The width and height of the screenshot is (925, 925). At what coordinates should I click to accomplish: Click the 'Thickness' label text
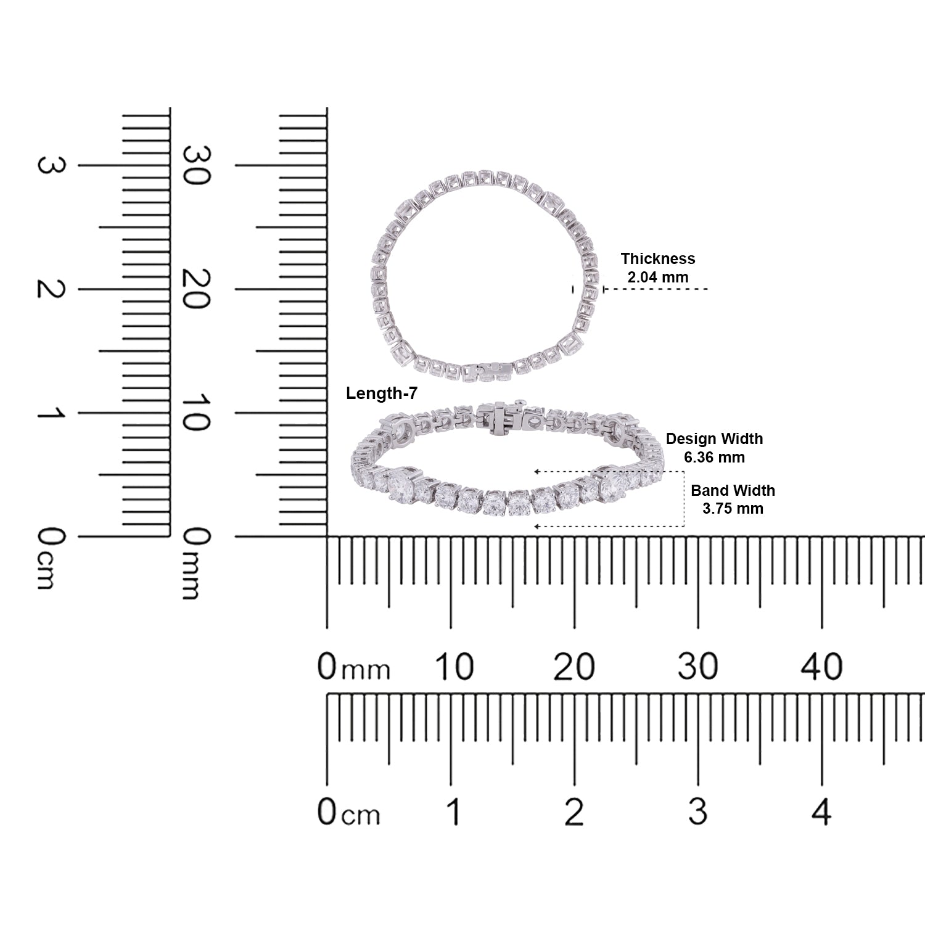pos(657,258)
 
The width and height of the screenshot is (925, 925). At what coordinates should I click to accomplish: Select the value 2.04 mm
pos(657,277)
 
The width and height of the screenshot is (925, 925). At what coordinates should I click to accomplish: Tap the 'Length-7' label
pos(381,393)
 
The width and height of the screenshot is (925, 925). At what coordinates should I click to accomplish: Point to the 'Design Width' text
pos(714,438)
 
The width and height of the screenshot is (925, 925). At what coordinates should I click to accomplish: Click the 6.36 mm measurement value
pos(714,457)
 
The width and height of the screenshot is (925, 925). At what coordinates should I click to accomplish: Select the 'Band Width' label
pos(733,490)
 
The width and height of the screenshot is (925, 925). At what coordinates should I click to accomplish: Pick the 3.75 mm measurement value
pos(733,508)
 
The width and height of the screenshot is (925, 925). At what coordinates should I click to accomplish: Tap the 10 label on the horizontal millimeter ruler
pos(454,667)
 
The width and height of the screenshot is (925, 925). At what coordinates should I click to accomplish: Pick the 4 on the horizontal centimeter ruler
pos(821,812)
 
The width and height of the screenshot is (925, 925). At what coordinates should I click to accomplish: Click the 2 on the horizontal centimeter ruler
pos(574,812)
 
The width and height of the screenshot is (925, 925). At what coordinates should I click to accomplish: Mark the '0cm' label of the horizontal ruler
pos(348,812)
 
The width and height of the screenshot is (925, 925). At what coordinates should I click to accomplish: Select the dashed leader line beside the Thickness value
pos(657,289)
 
